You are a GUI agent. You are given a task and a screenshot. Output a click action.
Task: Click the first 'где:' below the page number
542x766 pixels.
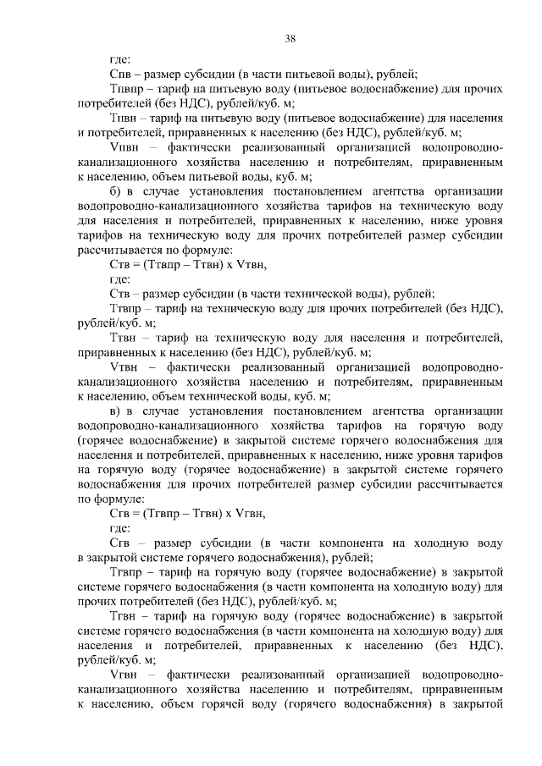click(119, 60)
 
